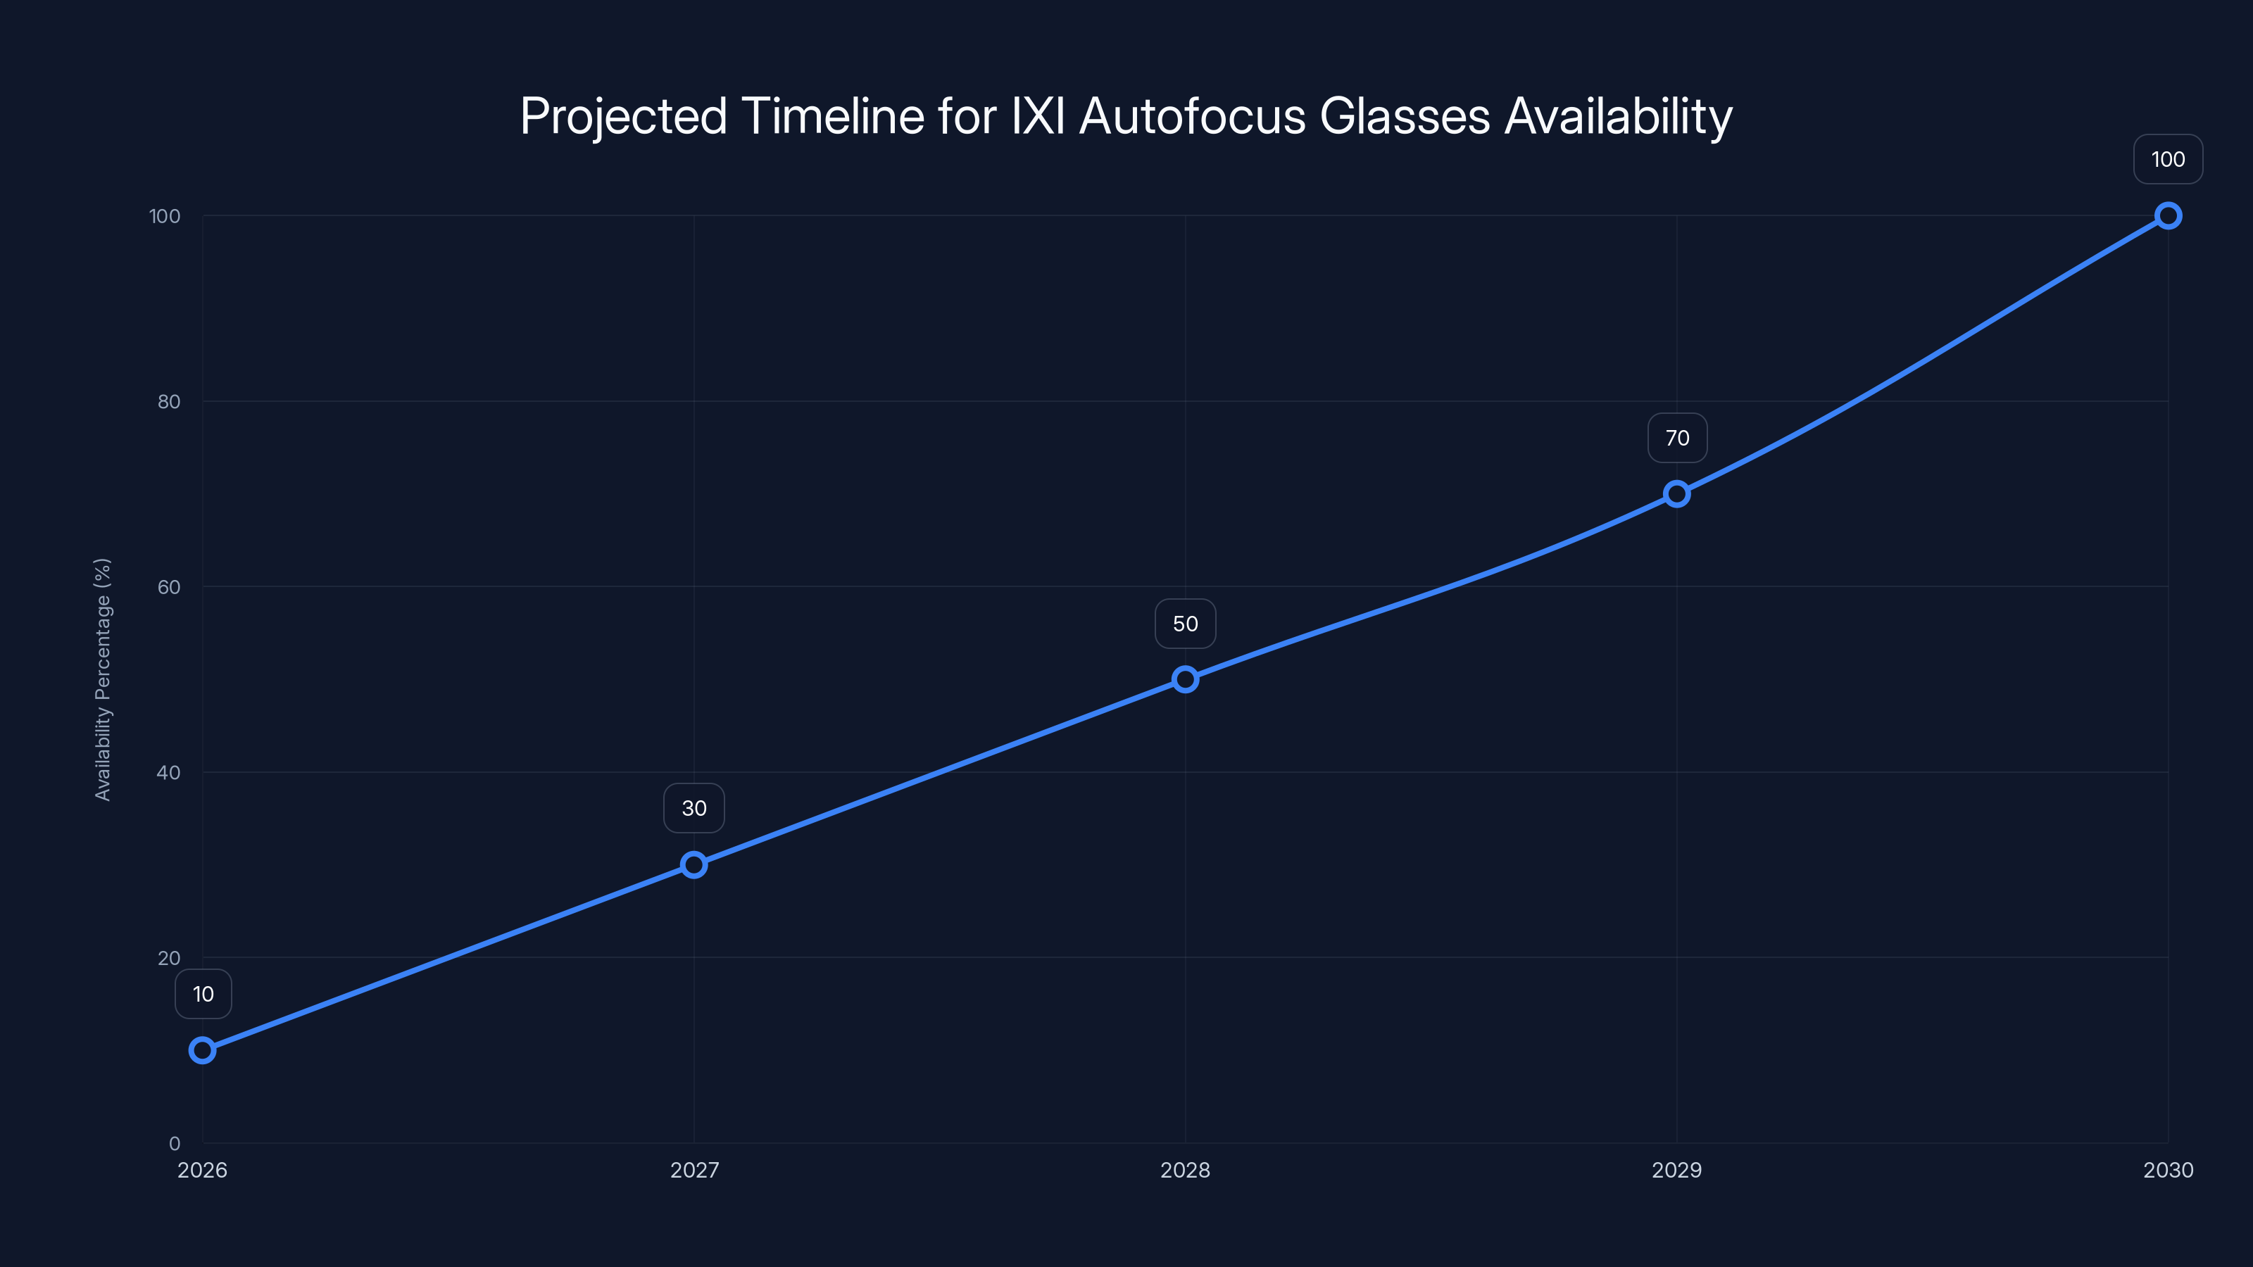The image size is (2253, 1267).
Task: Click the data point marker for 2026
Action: point(202,1050)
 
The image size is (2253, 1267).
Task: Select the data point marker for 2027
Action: point(694,865)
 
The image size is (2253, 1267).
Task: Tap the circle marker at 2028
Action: point(1185,679)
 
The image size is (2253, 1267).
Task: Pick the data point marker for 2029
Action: point(1676,494)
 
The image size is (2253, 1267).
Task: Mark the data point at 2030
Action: point(2169,216)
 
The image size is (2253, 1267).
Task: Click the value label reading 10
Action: point(203,994)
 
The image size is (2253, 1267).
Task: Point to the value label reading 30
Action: point(694,809)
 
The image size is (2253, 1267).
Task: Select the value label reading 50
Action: point(1185,624)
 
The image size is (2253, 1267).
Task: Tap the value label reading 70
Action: point(1676,438)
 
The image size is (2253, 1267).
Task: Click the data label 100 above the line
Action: point(2169,160)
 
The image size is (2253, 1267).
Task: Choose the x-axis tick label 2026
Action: point(202,1170)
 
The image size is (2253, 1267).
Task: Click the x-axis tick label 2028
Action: point(1185,1170)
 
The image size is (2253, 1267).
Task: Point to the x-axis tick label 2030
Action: point(2169,1170)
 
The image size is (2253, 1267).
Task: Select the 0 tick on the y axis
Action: point(174,1144)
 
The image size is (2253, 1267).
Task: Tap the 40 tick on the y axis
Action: point(169,773)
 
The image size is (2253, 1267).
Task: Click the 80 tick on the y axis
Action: point(169,402)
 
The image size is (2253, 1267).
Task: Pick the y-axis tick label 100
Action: point(165,217)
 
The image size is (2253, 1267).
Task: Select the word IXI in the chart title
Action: point(1038,116)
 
